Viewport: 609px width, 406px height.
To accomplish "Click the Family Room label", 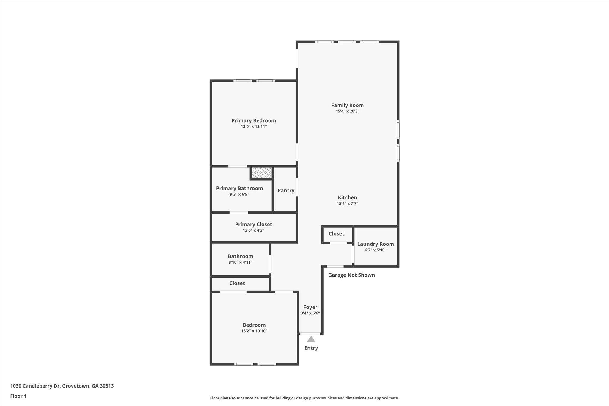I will [347, 105].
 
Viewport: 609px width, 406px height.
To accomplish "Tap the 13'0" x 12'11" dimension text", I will [254, 127].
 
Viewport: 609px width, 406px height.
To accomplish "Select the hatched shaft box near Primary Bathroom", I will [262, 173].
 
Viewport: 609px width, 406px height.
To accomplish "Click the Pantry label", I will [286, 191].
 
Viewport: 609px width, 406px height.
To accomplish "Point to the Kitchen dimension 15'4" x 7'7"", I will [347, 204].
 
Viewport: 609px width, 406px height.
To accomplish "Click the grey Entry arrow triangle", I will [311, 339].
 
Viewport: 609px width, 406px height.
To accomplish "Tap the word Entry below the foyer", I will [311, 348].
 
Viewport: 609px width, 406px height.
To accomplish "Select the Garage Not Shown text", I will [351, 275].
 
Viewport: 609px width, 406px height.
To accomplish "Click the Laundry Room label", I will [375, 244].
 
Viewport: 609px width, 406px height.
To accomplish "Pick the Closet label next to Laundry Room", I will [336, 234].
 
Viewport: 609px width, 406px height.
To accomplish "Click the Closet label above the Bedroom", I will [237, 283].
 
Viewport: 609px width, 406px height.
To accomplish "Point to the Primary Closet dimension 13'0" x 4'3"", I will [253, 231].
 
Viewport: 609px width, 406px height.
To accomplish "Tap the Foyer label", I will [310, 307].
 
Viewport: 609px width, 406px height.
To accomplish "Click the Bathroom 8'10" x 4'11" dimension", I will [240, 262].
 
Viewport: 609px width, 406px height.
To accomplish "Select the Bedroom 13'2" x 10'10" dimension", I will [254, 331].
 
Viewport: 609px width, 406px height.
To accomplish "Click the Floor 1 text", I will [18, 396].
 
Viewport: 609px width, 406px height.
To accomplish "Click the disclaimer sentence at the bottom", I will [304, 398].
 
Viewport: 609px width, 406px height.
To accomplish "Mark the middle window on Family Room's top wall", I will [347, 42].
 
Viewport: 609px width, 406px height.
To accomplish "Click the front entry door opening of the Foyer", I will [310, 334].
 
